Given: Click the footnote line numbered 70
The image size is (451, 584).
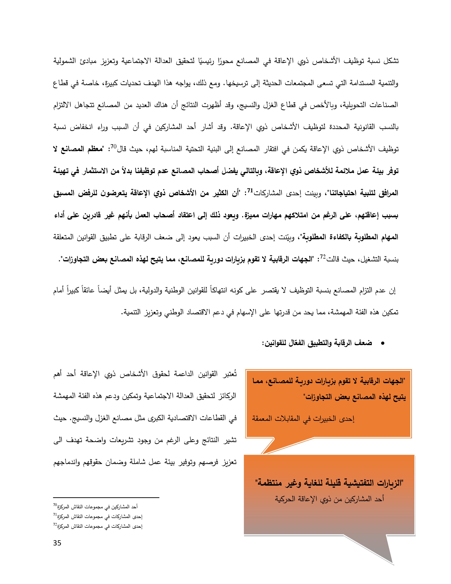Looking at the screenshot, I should click(95, 507).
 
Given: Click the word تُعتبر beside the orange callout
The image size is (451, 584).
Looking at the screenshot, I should click(229, 374).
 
